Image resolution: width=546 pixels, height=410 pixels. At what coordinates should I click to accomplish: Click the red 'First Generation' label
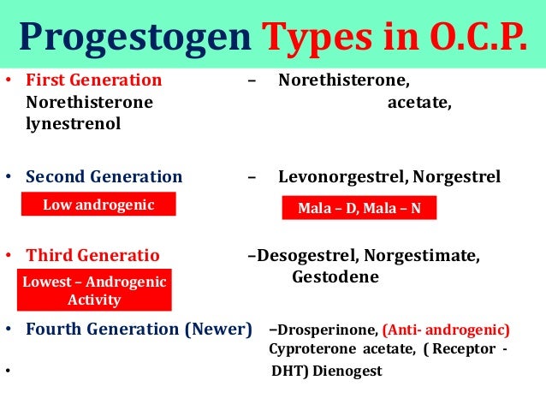(x=93, y=80)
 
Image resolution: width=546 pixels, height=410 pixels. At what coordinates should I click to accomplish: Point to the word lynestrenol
(x=73, y=123)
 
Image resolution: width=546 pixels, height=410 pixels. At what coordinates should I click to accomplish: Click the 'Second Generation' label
(x=104, y=177)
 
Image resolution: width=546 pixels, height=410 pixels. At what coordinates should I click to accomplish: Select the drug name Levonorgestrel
(x=340, y=177)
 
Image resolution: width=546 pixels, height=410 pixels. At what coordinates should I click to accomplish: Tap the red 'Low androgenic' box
(x=98, y=205)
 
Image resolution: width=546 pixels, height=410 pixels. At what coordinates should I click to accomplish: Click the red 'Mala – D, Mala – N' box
(x=359, y=208)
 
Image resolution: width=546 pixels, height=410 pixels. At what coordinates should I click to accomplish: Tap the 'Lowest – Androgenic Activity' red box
(x=94, y=291)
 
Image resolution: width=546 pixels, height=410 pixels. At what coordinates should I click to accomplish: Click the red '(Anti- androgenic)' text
(x=446, y=329)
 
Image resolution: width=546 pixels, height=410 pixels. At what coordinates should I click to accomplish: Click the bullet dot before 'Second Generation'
(x=9, y=178)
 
